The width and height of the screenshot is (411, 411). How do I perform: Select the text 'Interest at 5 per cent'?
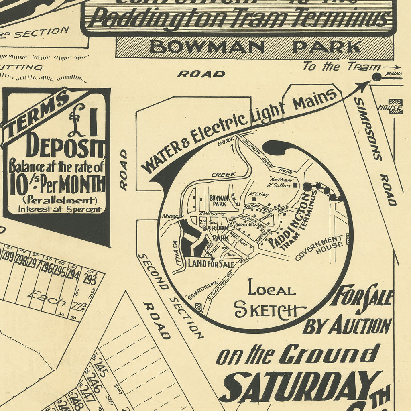coord(59,209)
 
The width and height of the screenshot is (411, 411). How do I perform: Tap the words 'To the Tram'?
coord(341,66)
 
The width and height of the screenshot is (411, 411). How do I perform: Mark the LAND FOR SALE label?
coord(211,264)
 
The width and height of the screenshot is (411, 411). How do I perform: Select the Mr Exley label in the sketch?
coord(258,195)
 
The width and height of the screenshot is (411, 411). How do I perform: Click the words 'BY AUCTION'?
coord(347,326)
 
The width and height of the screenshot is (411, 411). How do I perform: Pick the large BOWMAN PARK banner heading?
coord(255,47)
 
